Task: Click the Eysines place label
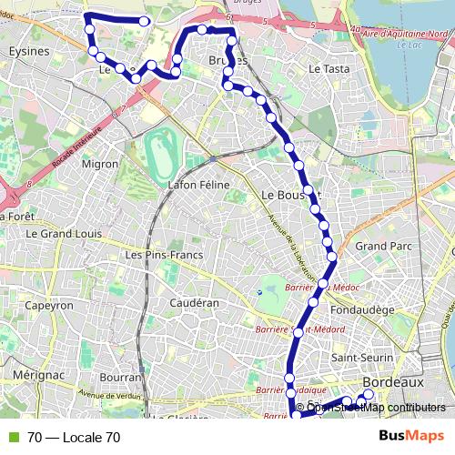[x=27, y=51]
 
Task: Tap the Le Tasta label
[x=329, y=68]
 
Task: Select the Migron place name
[x=100, y=165]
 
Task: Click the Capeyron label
[x=48, y=307]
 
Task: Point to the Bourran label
[x=121, y=376]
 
